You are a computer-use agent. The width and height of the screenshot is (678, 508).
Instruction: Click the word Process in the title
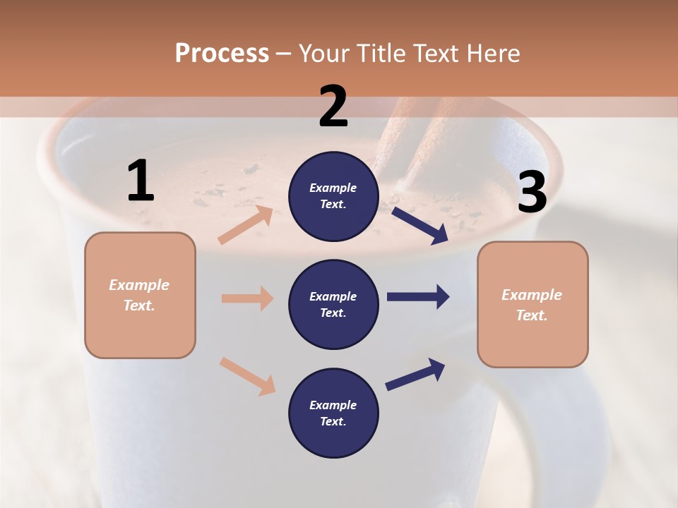222,53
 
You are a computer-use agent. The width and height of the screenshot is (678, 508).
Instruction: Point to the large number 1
141,181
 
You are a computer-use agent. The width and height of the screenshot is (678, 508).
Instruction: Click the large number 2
333,107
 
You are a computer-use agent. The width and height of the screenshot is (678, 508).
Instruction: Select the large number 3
532,193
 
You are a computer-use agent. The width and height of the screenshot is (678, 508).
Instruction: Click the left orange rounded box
140,295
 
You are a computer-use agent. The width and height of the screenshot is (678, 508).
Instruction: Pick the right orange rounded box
533,304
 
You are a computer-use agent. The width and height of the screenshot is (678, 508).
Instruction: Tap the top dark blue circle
333,196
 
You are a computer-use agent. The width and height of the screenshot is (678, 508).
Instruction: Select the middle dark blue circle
333,304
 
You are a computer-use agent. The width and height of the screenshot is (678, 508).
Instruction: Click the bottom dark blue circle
333,413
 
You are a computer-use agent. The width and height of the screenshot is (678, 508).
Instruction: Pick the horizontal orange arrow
247,298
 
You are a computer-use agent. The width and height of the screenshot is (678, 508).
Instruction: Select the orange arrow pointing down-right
247,375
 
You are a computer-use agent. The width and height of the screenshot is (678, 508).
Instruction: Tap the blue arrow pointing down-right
420,225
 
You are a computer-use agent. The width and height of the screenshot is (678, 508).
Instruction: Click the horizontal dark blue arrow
417,297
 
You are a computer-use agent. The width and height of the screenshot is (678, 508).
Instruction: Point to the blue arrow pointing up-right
415,374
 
